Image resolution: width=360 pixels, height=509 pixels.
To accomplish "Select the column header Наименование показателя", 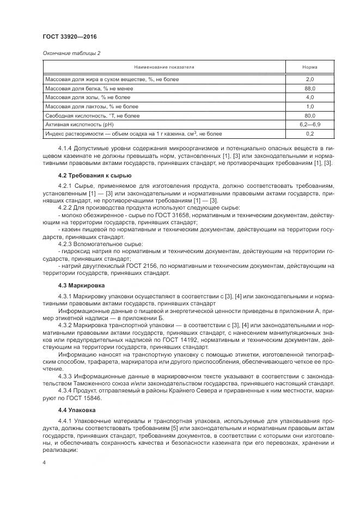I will [164, 67].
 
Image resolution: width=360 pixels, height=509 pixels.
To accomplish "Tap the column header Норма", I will [310, 67].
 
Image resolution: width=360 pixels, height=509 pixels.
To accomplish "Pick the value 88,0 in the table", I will [310, 88].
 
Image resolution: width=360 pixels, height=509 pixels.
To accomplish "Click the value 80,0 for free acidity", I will [310, 115].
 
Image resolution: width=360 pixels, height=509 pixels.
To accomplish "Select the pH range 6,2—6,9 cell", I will [310, 124].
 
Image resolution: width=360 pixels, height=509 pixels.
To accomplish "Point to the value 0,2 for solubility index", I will [310, 133].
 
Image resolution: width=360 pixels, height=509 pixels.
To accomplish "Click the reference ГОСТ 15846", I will [86, 398].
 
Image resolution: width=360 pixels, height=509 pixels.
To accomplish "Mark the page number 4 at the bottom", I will [44, 462].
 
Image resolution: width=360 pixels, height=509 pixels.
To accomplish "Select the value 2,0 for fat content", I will [310, 79].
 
